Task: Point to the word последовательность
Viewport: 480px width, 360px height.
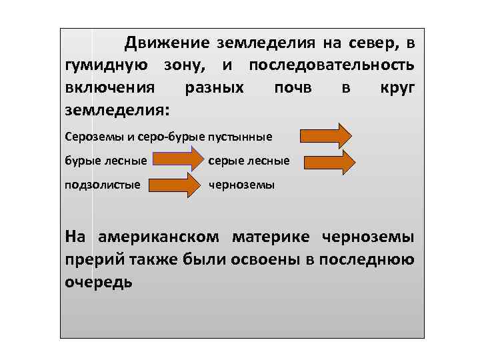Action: tap(331, 66)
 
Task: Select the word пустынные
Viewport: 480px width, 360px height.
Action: tap(239, 137)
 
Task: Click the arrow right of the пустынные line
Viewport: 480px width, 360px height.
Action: tap(325, 135)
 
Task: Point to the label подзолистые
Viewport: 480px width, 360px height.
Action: tap(102, 185)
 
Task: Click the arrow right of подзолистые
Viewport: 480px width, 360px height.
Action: tap(173, 185)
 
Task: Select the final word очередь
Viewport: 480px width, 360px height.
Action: tap(99, 281)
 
